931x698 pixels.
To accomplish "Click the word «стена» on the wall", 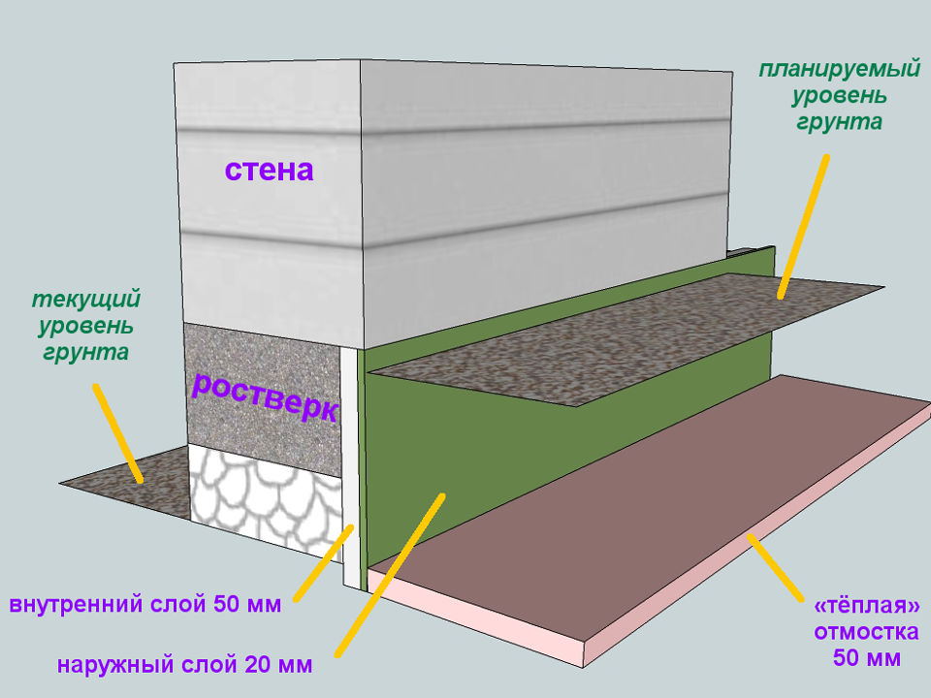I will (270, 171).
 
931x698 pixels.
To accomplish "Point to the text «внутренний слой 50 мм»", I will (145, 606).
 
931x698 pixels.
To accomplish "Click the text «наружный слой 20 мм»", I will (184, 666).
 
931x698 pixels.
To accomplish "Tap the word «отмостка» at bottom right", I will (866, 633).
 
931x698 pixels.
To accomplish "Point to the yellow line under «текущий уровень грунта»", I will (118, 432).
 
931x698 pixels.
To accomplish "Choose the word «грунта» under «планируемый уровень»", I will (839, 122).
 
